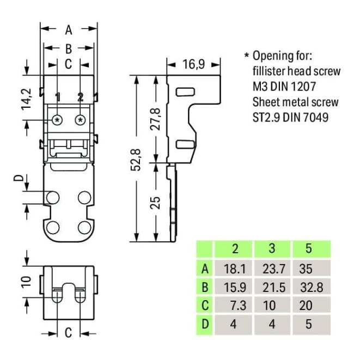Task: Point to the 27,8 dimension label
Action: [x=156, y=119]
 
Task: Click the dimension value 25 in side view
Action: [x=156, y=202]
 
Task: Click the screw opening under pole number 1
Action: [x=57, y=119]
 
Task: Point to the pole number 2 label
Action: [x=80, y=97]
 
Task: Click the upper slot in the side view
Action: [x=185, y=91]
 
